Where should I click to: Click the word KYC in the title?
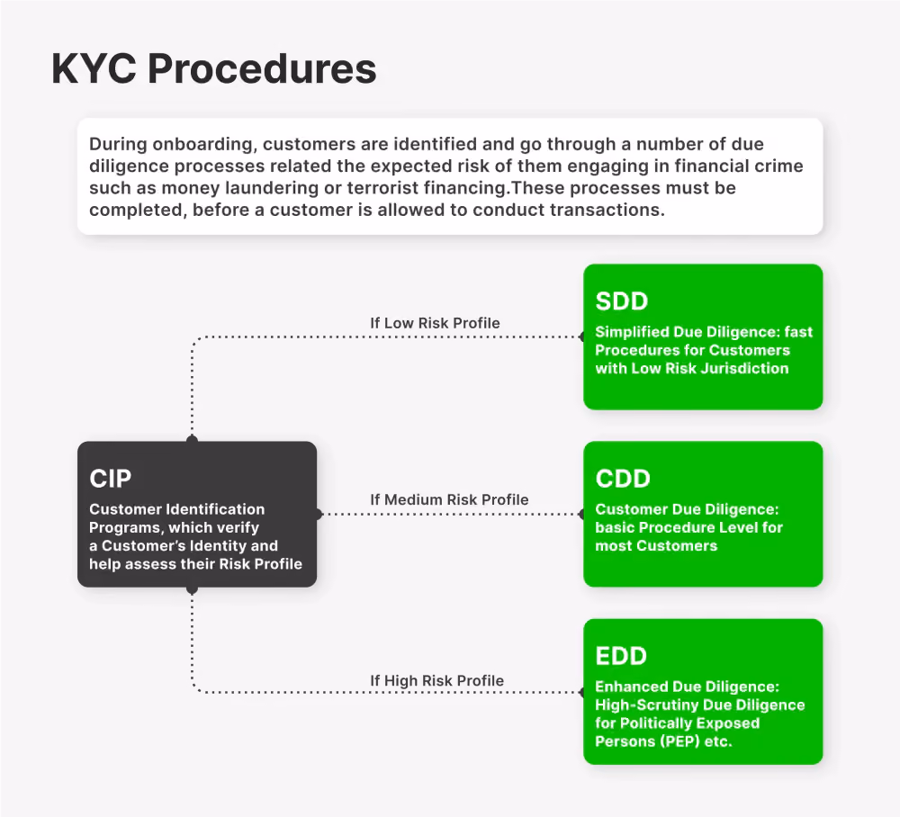[x=94, y=69]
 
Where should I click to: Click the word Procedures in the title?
[x=262, y=69]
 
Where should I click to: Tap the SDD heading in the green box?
[x=622, y=301]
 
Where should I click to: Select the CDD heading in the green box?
[x=623, y=479]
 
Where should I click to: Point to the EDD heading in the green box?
[x=621, y=656]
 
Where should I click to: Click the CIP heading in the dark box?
[x=110, y=479]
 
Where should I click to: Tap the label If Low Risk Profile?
[x=435, y=323]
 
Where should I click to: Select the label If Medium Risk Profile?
[x=449, y=499]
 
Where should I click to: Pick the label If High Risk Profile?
[x=436, y=680]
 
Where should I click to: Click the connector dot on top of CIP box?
[x=193, y=439]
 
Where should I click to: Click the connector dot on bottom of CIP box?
[x=193, y=589]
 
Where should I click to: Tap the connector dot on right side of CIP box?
[x=318, y=514]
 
